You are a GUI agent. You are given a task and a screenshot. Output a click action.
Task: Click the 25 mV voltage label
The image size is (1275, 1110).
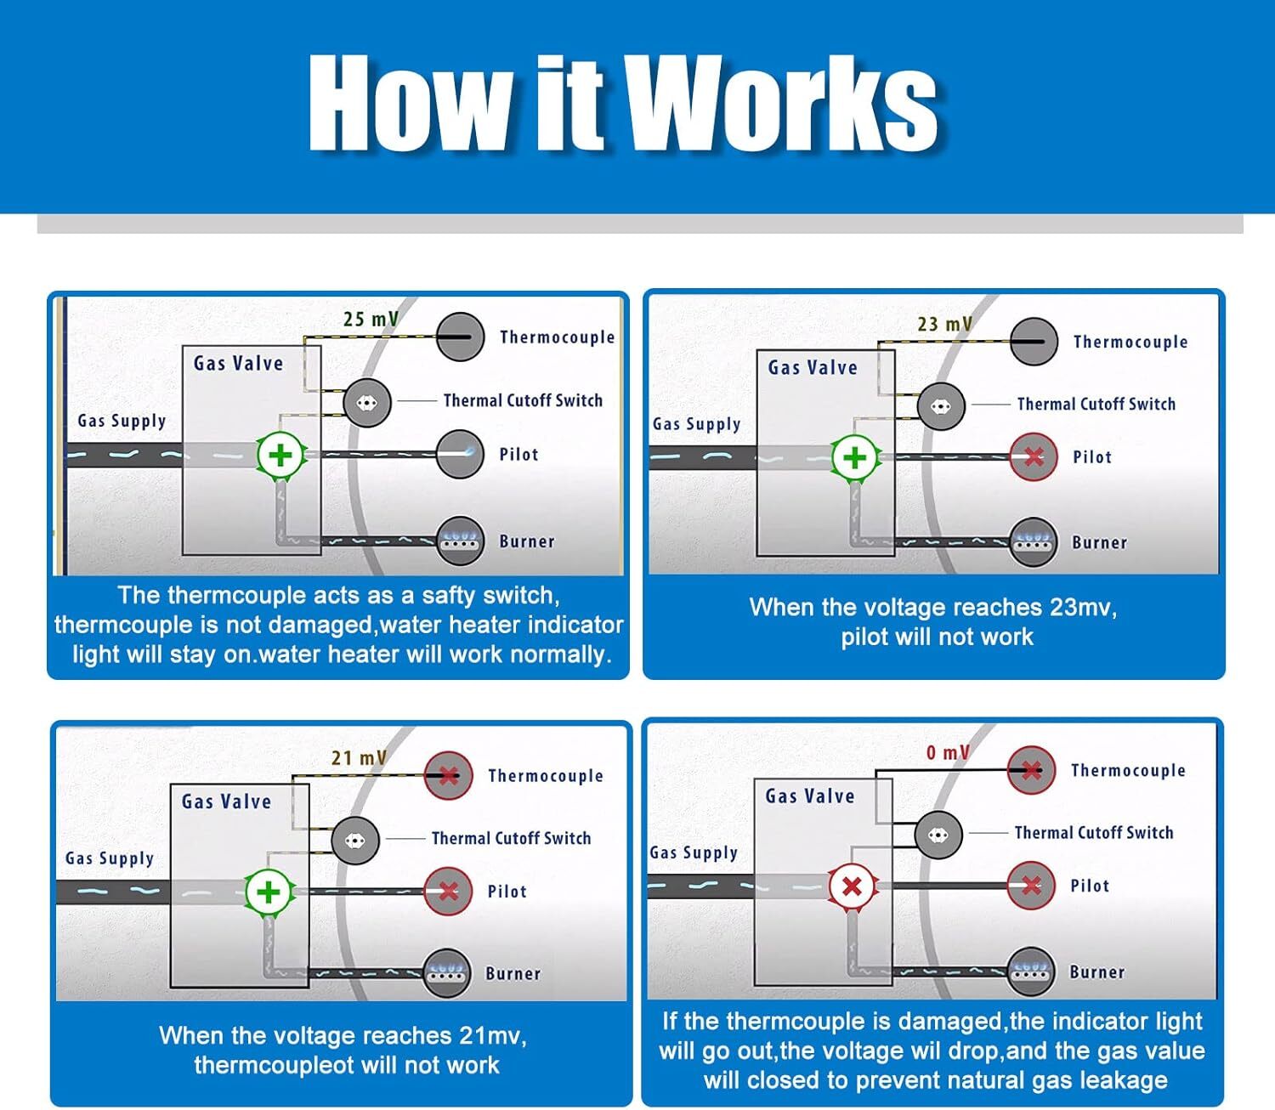tap(370, 320)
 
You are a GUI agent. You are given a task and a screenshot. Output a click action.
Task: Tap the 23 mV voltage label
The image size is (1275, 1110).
tap(943, 324)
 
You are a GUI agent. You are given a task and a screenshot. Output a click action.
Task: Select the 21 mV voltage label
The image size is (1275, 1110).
tap(358, 757)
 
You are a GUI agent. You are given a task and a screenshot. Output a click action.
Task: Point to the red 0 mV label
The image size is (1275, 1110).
tap(947, 752)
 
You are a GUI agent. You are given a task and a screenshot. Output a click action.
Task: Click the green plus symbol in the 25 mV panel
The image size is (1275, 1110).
tap(280, 456)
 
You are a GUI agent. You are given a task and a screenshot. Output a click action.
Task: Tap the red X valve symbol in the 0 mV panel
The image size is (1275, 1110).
tap(852, 886)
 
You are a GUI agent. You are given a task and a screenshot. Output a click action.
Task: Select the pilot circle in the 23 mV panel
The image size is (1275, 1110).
tap(1034, 457)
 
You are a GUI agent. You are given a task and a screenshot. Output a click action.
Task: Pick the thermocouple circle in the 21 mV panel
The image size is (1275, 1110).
tap(448, 775)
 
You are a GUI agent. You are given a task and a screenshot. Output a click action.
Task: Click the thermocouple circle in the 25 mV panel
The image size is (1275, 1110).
tap(460, 337)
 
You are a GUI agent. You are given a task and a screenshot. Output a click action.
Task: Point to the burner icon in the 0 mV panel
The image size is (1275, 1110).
tap(1031, 971)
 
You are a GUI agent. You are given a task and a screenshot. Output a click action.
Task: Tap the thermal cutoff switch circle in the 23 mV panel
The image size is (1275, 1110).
tap(941, 406)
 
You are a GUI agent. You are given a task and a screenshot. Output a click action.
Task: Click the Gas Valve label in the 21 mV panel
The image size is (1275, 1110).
tap(226, 801)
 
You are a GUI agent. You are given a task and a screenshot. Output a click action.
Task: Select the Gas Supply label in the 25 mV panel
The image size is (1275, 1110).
tap(122, 421)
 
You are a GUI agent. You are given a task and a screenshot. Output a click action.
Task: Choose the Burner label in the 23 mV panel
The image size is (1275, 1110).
tap(1099, 542)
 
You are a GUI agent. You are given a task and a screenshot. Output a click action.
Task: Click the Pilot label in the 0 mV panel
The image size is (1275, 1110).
tap(1090, 886)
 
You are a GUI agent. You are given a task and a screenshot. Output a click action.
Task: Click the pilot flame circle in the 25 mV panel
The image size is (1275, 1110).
tap(460, 454)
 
